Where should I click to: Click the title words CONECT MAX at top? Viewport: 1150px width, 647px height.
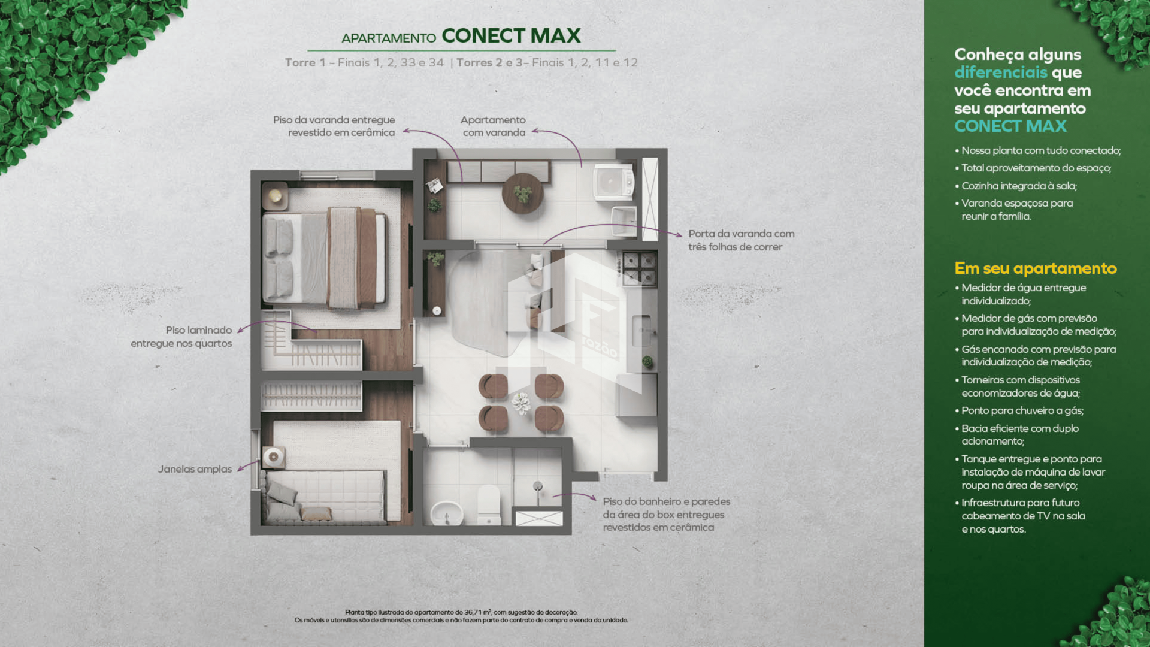(511, 36)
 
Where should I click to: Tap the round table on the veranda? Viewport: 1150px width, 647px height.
(522, 194)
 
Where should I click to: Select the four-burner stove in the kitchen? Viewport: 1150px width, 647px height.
(638, 268)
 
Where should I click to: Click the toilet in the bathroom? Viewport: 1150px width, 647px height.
(489, 505)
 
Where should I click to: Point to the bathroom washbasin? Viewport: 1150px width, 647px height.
(447, 513)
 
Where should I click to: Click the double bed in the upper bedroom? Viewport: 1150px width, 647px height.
(325, 258)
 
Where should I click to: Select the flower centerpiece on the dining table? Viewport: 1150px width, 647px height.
(521, 403)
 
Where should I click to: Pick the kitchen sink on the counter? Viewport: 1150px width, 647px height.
(641, 331)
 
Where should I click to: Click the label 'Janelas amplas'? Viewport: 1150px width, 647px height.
(195, 469)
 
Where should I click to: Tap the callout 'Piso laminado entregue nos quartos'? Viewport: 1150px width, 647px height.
(181, 337)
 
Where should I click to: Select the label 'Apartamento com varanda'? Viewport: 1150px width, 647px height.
(494, 126)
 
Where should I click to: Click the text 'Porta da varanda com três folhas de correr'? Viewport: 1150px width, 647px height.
(742, 240)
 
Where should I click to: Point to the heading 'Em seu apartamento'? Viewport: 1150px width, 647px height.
(1036, 268)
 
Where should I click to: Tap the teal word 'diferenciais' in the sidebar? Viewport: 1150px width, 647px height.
(1001, 72)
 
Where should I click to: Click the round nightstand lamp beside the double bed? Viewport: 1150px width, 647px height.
(275, 195)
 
